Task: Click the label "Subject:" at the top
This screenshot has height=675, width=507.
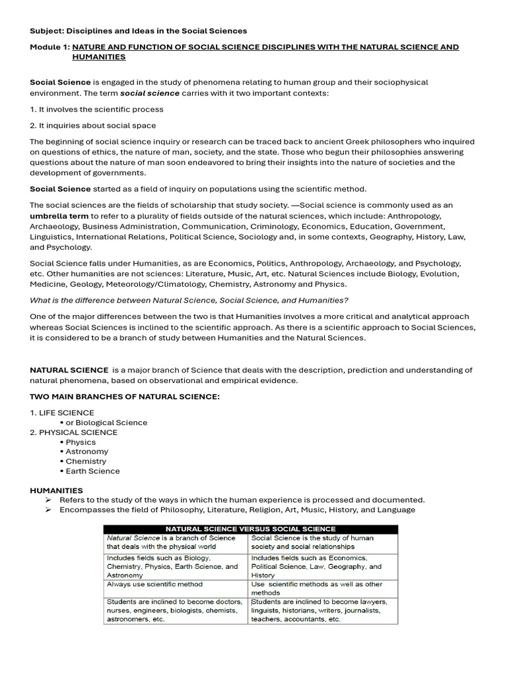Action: [48, 31]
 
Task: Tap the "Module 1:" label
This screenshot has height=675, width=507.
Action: [50, 47]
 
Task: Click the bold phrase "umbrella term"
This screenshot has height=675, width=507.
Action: [59, 216]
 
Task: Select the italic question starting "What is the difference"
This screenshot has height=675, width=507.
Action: [189, 300]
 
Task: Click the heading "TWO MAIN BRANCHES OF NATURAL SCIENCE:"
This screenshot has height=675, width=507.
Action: [125, 396]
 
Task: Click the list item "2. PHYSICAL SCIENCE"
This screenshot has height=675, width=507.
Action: [73, 432]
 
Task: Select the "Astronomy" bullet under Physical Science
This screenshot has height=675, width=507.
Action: [86, 452]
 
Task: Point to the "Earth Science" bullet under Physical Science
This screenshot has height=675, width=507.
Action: [92, 471]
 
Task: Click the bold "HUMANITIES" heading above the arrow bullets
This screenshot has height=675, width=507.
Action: [56, 490]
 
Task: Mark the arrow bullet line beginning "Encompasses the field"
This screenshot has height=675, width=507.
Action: [237, 510]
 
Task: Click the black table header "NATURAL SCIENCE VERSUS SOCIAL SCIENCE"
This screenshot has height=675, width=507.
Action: [250, 529]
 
